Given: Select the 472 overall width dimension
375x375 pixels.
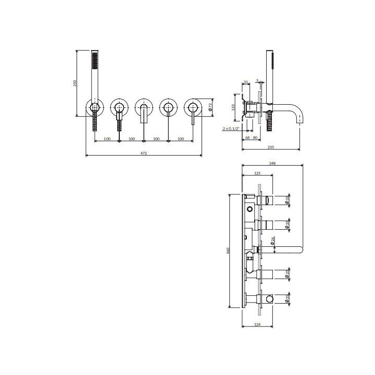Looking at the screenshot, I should coord(144,153).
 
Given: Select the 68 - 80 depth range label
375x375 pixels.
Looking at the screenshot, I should coord(252,137).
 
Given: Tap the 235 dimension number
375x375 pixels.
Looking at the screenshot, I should coord(271,147).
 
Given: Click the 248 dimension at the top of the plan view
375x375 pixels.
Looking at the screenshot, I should coord(272,163).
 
